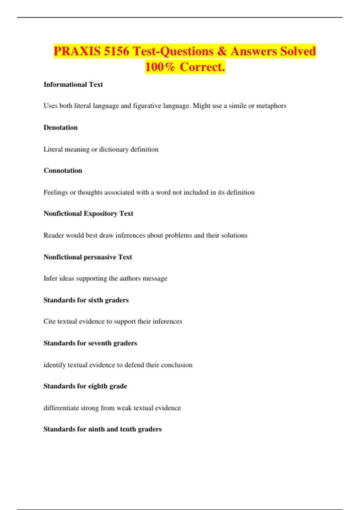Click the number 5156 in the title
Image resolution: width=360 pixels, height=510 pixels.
116,51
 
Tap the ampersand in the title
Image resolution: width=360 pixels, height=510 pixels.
222,51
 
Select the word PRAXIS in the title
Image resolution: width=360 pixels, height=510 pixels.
77,51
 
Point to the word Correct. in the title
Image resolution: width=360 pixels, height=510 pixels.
202,67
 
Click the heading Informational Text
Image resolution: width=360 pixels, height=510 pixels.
73,85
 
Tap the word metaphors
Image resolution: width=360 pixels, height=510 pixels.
271,106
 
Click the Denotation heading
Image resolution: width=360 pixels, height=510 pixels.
61,127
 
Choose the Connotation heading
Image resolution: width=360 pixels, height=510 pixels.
63,170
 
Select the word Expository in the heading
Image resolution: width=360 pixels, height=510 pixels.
100,214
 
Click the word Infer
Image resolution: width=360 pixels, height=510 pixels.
50,278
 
